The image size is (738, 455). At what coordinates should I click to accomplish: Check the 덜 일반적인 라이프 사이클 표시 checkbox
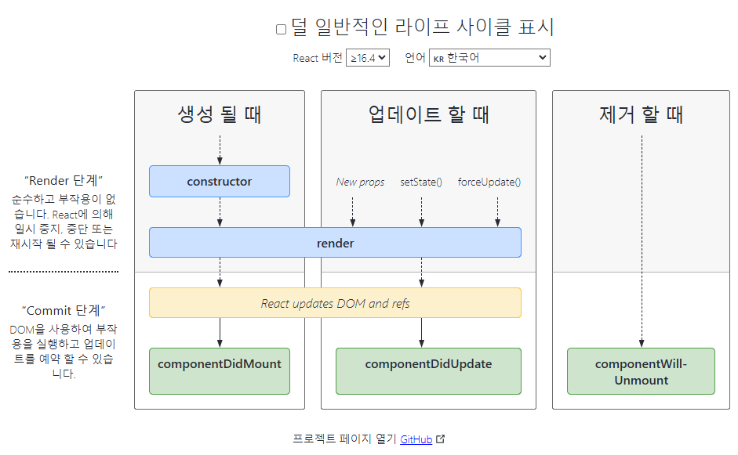[x=281, y=30]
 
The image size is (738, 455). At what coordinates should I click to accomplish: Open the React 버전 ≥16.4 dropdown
[x=367, y=58]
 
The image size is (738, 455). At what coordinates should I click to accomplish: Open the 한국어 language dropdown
[x=489, y=58]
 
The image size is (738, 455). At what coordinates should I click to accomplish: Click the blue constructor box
[x=220, y=181]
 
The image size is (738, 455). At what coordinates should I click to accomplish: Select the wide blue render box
[x=335, y=243]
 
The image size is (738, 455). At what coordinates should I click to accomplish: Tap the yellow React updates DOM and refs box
[x=335, y=303]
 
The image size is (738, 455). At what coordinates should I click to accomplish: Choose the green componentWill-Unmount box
[x=642, y=372]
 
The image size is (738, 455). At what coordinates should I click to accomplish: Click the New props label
[x=360, y=182]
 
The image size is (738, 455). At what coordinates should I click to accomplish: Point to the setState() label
[x=421, y=182]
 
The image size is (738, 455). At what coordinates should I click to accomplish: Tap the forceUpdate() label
[x=489, y=182]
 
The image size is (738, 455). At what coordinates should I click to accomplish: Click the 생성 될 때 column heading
[x=220, y=114]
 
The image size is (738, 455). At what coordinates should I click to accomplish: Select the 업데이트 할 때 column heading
[x=428, y=114]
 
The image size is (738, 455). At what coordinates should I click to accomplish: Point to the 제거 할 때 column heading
[x=642, y=114]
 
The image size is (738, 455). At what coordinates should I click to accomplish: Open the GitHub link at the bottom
[x=416, y=439]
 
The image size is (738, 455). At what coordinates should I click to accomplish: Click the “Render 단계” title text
[x=64, y=180]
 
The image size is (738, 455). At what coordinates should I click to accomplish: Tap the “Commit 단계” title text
[x=64, y=309]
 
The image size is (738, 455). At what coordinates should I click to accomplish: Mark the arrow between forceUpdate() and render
[x=497, y=211]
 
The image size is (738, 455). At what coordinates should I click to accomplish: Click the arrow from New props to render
[x=352, y=211]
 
